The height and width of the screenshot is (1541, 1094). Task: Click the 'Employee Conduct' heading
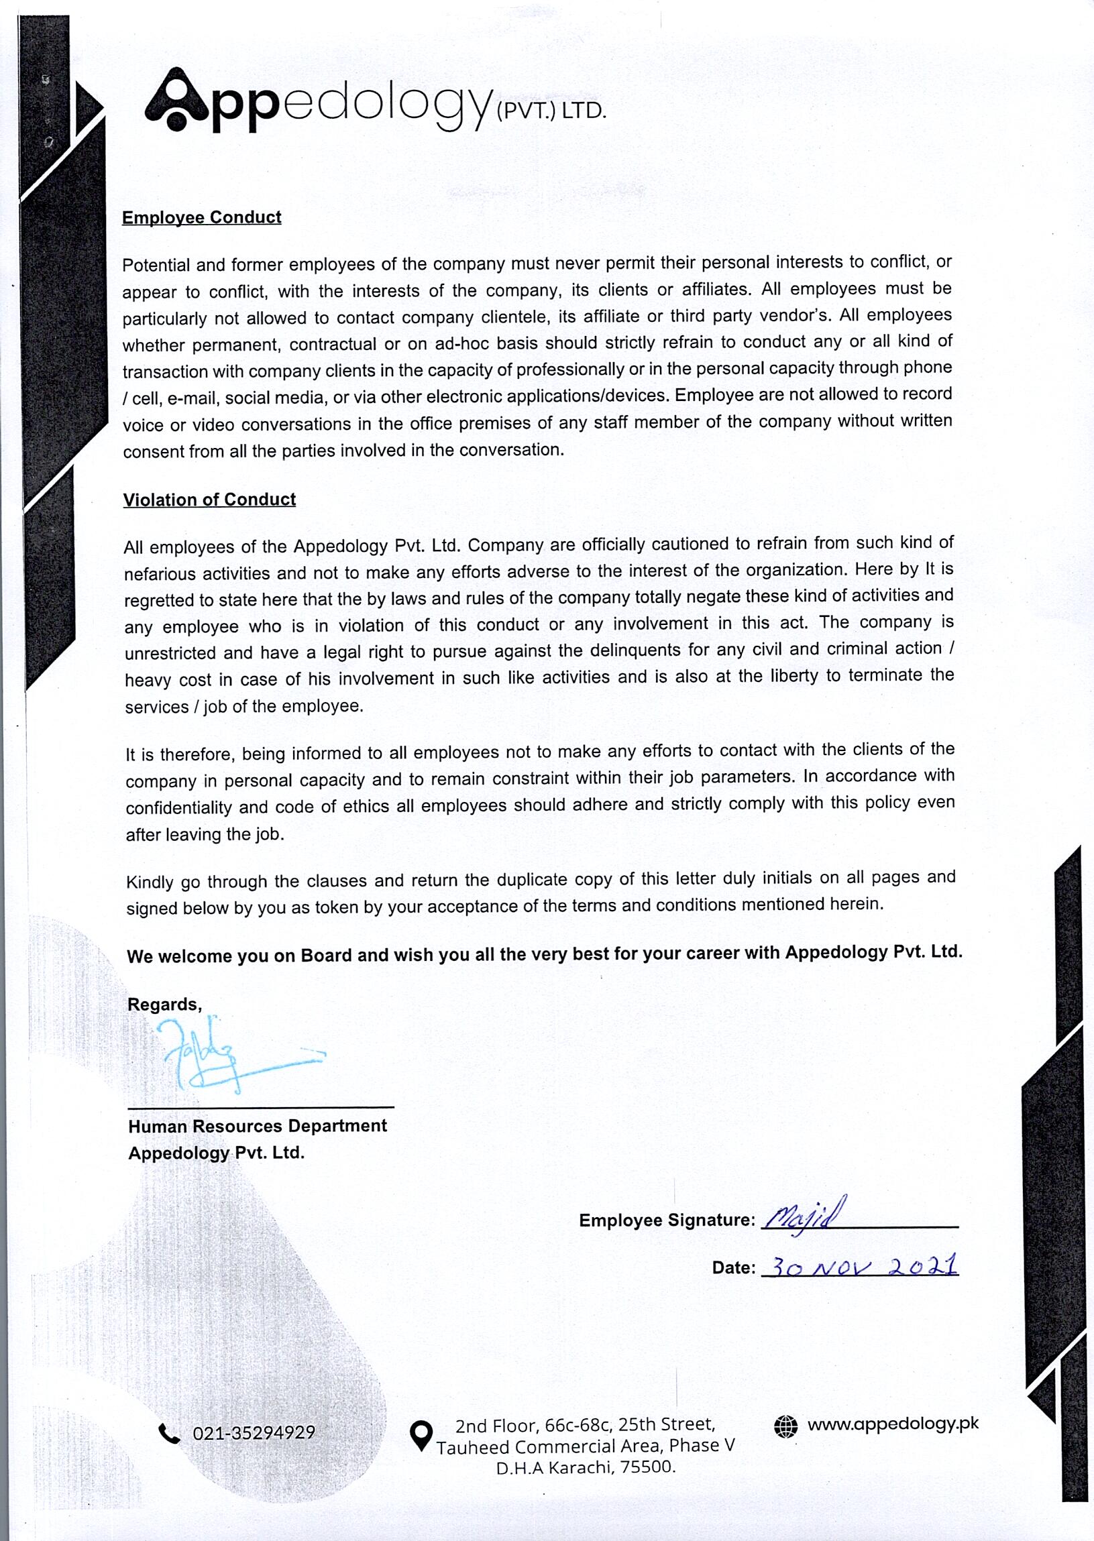point(201,217)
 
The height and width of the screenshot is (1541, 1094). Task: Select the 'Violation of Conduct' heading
point(209,499)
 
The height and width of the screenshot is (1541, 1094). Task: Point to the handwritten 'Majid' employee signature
point(804,1216)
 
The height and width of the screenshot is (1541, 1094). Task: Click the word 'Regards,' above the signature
point(164,1005)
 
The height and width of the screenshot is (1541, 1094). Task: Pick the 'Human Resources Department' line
point(258,1126)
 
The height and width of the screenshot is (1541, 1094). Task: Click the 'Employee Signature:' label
point(667,1220)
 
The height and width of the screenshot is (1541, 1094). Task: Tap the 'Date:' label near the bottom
point(734,1267)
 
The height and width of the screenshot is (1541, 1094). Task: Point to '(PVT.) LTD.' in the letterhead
point(551,112)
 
